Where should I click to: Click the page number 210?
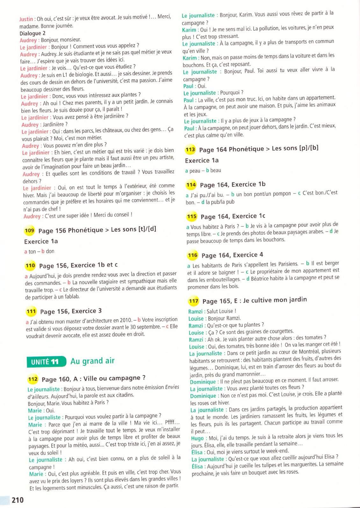[18, 500]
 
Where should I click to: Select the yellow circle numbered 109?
[29, 230]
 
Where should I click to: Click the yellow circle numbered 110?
[30, 265]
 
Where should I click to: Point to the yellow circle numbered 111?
[31, 311]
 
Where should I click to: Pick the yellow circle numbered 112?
[33, 379]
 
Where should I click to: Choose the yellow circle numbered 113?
[190, 149]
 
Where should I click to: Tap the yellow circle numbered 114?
[191, 185]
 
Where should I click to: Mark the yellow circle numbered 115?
[192, 217]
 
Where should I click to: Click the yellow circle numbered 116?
[193, 255]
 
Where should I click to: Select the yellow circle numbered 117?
[194, 301]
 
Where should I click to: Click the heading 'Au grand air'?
[92, 361]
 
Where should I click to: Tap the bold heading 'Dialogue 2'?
[32, 33]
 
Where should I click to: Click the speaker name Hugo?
[197, 439]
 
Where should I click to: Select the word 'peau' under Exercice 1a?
[195, 171]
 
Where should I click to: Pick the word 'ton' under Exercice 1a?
[32, 251]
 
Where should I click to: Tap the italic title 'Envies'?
[172, 388]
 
